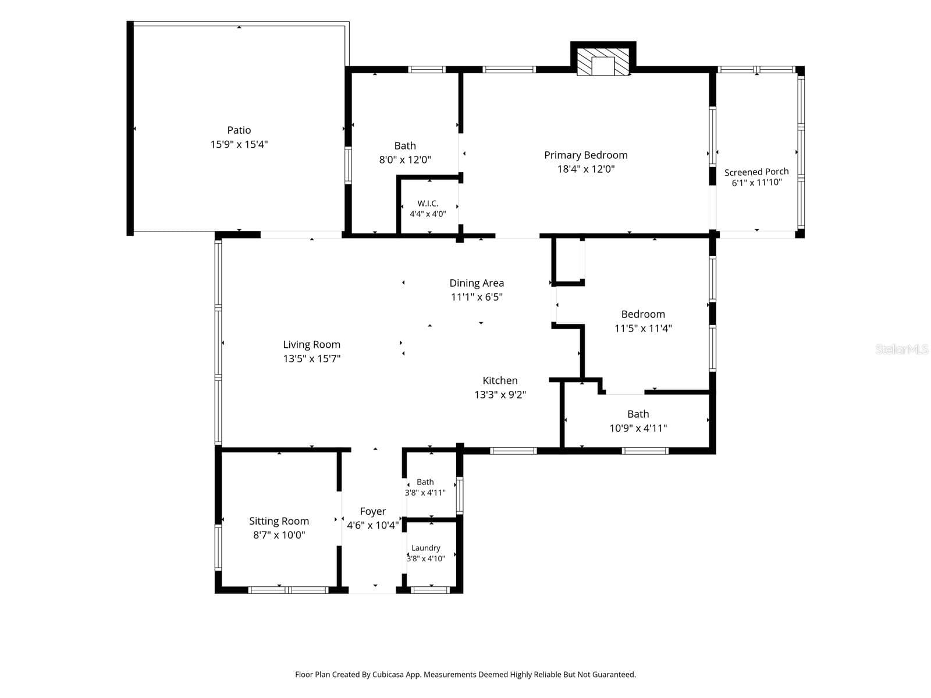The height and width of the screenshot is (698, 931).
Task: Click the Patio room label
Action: pos(239,130)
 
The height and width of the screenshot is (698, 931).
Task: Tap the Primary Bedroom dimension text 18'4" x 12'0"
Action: pos(586,169)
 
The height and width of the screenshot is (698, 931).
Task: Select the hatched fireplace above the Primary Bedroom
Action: pos(603,61)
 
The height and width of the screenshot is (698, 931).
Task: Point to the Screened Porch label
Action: pos(756,172)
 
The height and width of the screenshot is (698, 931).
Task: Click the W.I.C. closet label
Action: pos(428,204)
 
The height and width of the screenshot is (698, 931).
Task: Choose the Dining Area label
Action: pos(477,283)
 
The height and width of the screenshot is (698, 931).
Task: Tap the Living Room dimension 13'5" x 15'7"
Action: pos(312,358)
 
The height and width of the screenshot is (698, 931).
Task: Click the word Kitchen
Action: pos(500,380)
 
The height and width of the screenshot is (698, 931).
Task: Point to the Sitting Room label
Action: pos(279,521)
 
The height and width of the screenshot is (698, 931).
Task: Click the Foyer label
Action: pos(373,511)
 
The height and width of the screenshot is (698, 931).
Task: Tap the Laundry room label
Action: pos(426,548)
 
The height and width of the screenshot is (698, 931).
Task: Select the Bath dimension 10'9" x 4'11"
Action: pos(638,428)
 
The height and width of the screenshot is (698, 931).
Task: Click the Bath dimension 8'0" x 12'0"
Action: pos(404,160)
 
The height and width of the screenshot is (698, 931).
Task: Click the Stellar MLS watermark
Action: pos(902,349)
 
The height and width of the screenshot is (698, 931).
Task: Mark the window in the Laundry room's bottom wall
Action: pos(430,589)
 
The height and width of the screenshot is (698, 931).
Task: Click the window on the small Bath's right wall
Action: pos(459,496)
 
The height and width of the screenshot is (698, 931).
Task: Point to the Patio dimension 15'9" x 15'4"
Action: pos(239,144)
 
